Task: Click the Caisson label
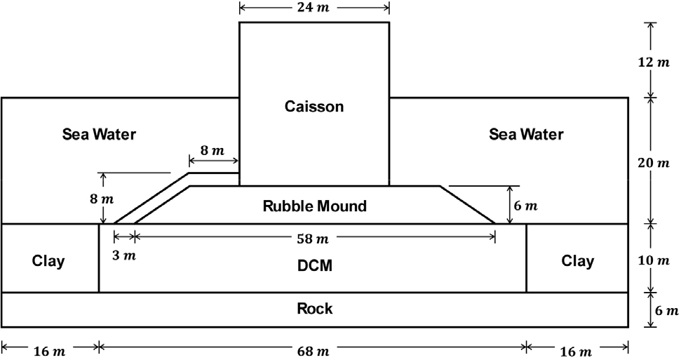point(314,107)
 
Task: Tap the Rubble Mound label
point(315,206)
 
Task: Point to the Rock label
point(315,309)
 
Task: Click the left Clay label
point(48,262)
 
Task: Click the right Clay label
point(577,262)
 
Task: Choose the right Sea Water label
point(526,134)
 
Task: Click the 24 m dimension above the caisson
point(313,8)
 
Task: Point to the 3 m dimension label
point(124,255)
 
